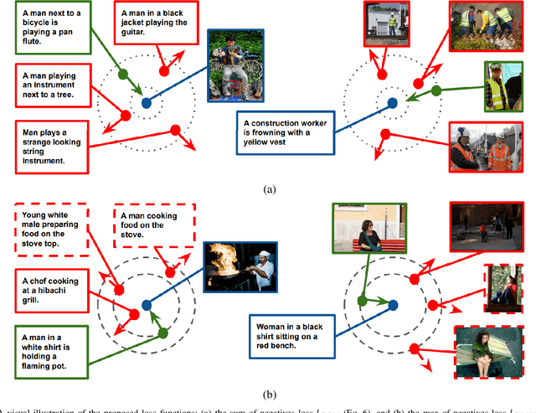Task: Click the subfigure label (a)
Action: pos(268,189)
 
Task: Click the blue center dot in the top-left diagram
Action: pos(146,103)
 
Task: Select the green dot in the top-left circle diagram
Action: pos(124,73)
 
